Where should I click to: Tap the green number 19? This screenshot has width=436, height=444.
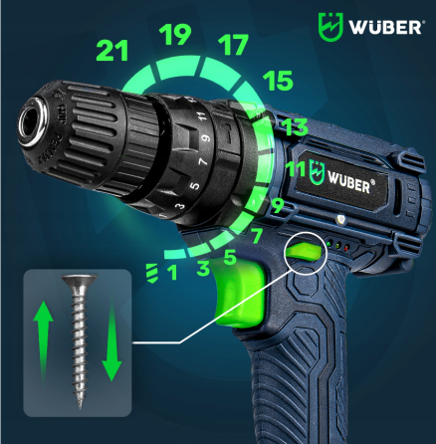tap(176, 36)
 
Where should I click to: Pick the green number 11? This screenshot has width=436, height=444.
tap(296, 169)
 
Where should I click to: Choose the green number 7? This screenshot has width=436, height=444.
tap(256, 237)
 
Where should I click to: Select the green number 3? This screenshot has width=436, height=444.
tap(202, 268)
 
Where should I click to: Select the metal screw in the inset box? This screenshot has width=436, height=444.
tap(78, 340)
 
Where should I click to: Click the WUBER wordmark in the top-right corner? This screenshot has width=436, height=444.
tap(381, 27)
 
